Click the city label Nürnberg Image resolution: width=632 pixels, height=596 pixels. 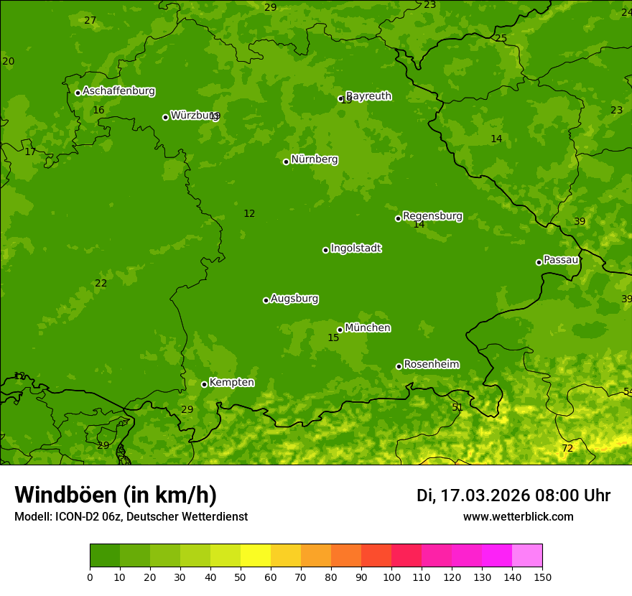point(314,159)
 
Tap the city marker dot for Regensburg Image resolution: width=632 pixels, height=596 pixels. point(398,218)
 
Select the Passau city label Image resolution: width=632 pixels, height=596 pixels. point(560,260)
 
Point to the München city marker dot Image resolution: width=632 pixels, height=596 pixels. point(340,330)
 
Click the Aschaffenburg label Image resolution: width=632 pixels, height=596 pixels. point(118,91)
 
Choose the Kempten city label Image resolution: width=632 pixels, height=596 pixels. point(231,383)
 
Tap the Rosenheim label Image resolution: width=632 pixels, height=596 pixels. point(431,365)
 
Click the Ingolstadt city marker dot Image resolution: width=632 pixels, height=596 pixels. point(325,250)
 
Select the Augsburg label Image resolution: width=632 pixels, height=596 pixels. point(294,299)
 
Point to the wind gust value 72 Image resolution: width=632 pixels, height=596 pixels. point(567,449)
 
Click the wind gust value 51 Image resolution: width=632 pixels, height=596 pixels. point(457,408)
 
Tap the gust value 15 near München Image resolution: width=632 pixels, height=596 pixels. point(333,338)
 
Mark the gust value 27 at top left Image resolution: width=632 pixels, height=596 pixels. point(90,21)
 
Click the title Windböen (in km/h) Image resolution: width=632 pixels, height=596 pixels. point(116,495)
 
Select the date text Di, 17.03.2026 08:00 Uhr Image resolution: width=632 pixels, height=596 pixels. point(513,495)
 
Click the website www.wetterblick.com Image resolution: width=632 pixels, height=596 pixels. point(518,517)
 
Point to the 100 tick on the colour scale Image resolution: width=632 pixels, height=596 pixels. point(391,577)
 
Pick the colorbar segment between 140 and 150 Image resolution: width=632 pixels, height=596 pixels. point(527,556)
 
